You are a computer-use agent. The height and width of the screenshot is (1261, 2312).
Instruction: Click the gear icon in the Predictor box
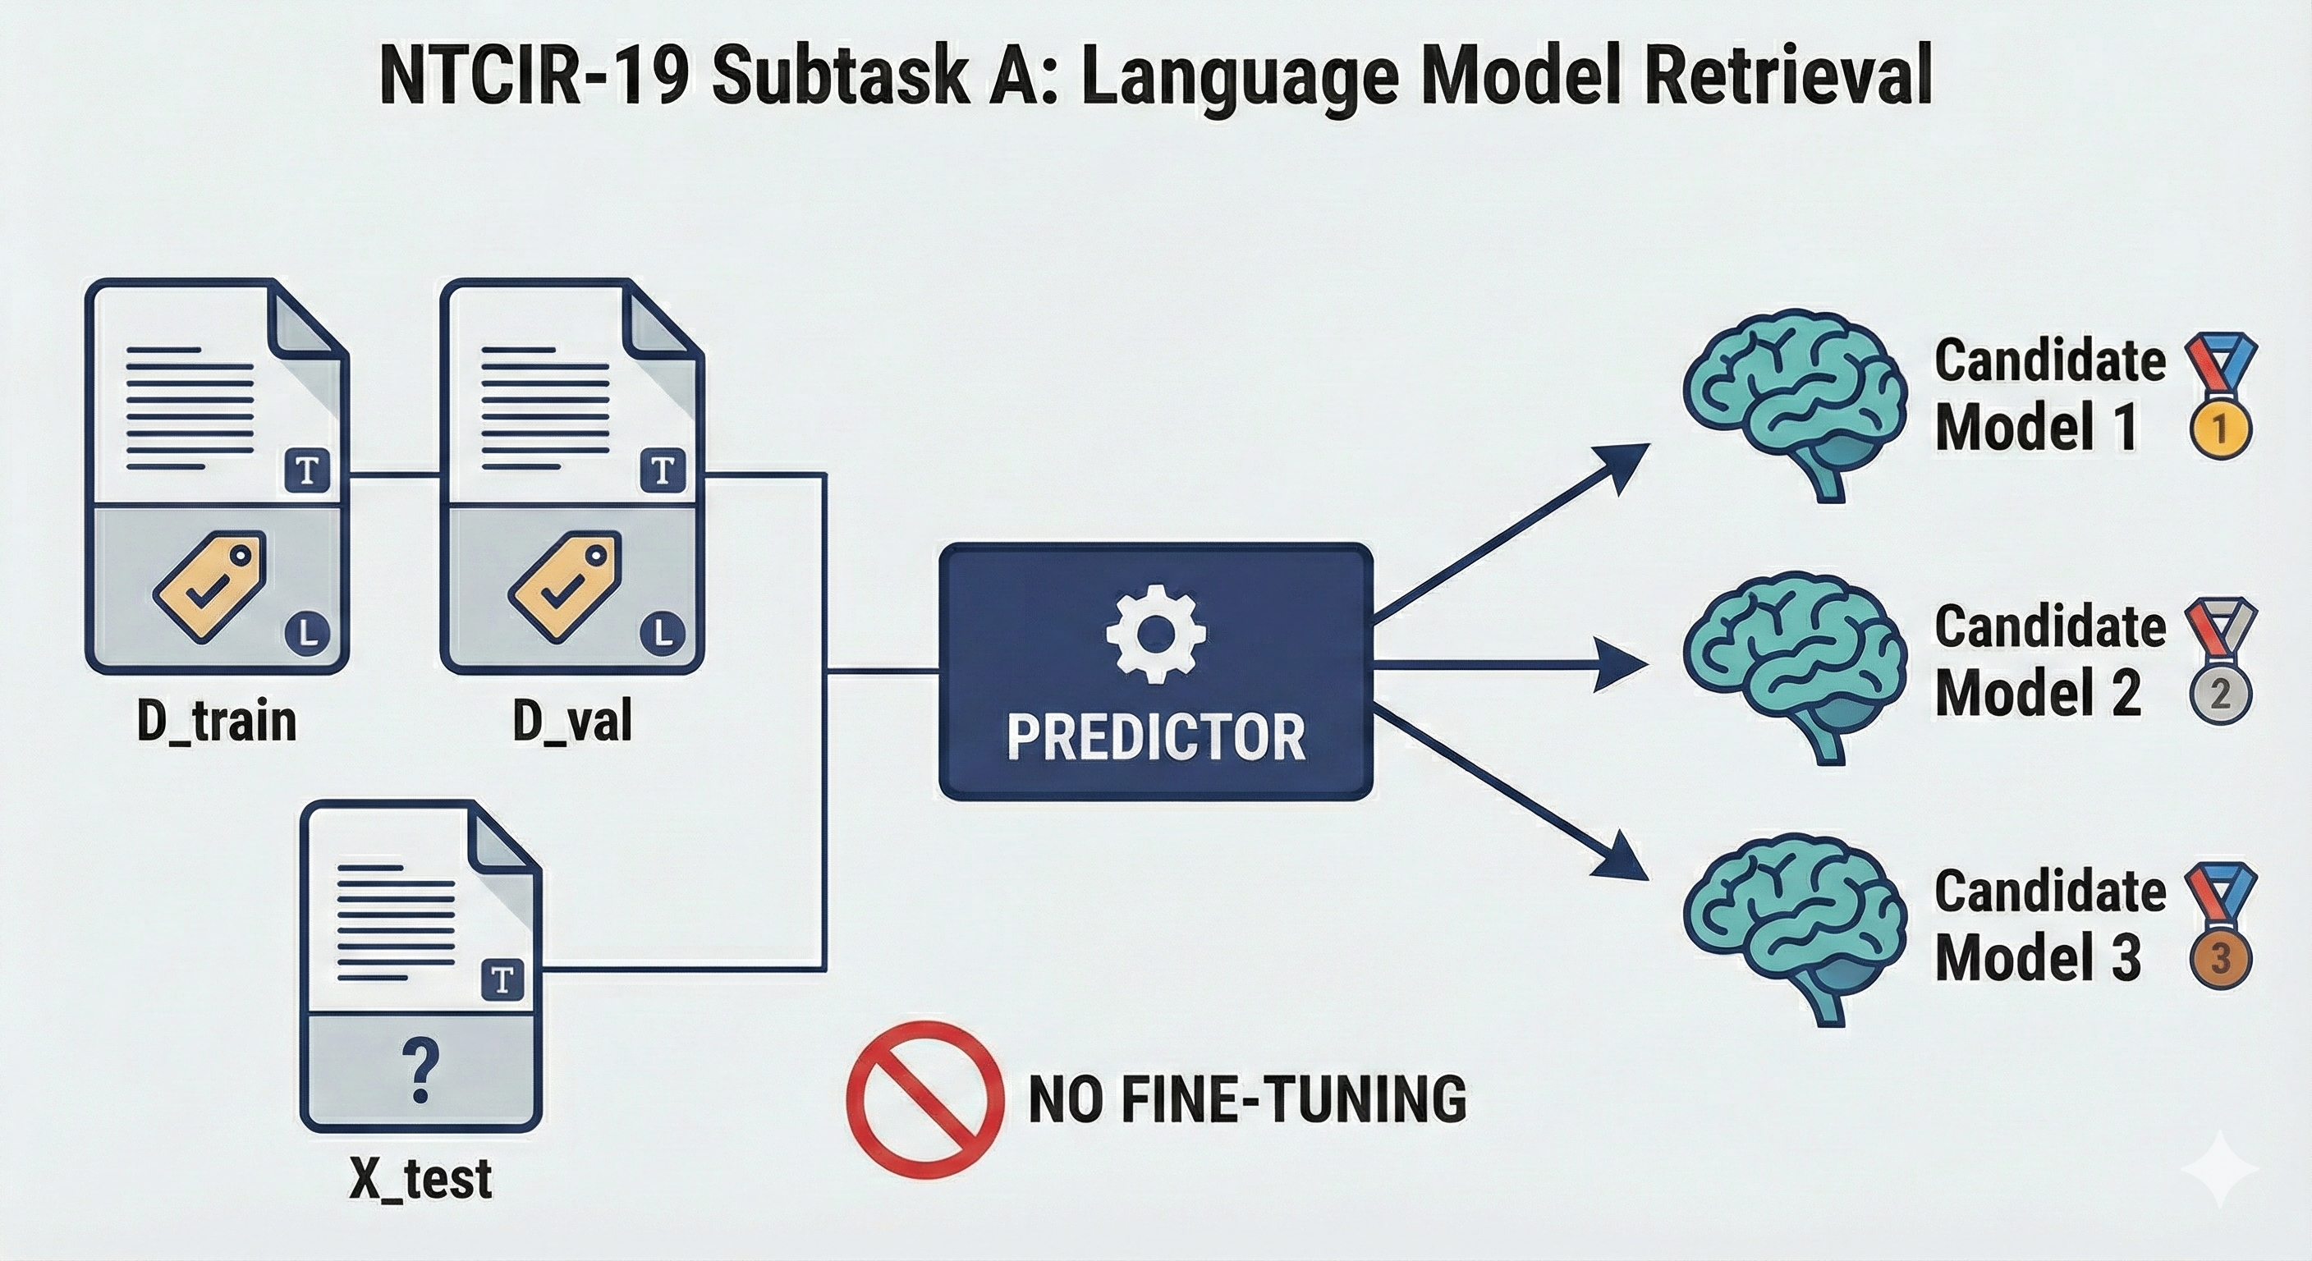click(1156, 634)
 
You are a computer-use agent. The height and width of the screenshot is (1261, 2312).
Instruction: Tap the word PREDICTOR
click(1156, 738)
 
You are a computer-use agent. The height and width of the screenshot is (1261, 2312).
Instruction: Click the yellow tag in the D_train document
click(210, 586)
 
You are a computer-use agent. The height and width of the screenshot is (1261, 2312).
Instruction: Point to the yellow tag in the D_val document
click(565, 586)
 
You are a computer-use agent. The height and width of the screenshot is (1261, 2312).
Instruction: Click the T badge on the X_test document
click(502, 979)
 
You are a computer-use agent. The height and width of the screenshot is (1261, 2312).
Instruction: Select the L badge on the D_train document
click(308, 634)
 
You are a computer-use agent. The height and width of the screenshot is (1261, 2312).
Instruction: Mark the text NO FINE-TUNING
click(1246, 1099)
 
